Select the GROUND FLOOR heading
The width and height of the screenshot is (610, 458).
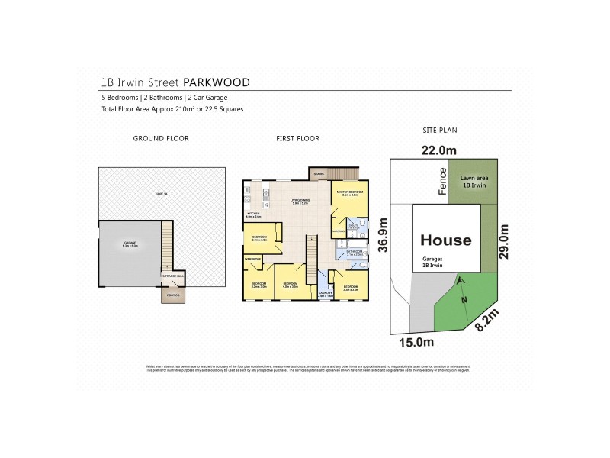coord(161,138)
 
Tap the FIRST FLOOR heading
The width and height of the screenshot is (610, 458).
coord(298,138)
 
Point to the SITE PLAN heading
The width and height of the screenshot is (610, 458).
coord(439,131)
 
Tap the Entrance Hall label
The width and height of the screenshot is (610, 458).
coord(172,276)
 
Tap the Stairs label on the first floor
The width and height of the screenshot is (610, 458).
coord(319,174)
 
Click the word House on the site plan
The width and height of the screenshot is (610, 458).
coord(446,240)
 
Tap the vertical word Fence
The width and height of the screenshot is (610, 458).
coord(441,182)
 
